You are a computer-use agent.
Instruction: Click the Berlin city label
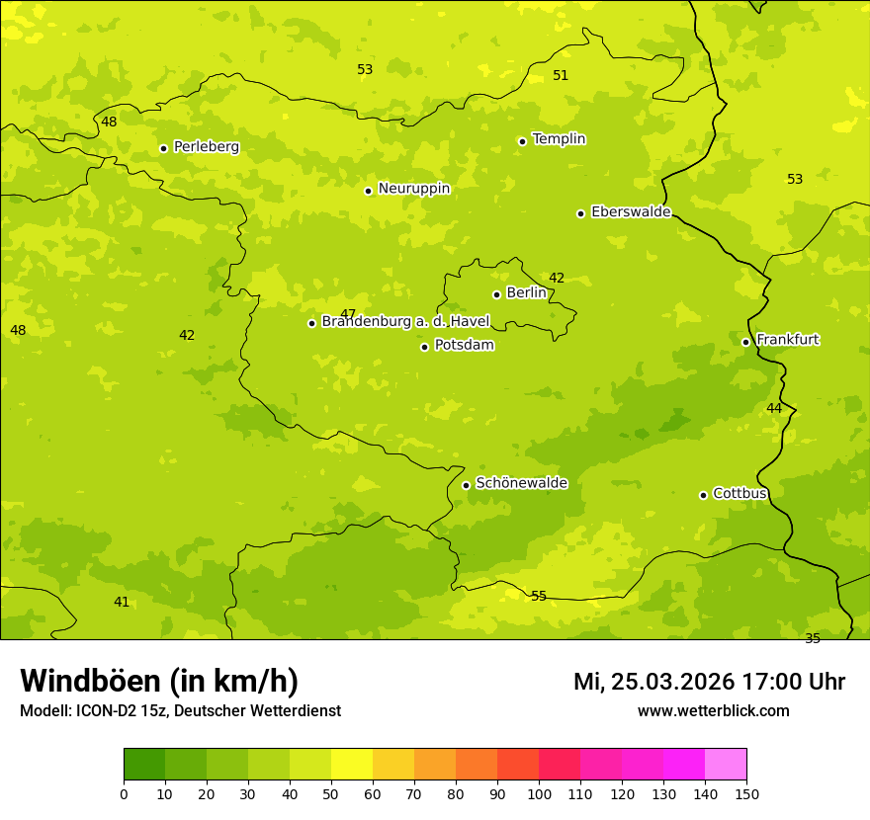(526, 292)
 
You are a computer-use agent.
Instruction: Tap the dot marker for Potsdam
(425, 347)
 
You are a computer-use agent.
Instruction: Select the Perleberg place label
(207, 146)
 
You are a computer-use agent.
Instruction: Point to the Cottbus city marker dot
(704, 495)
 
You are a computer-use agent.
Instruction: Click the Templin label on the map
(559, 139)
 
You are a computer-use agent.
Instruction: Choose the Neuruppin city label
(414, 189)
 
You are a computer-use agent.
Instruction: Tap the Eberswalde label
(631, 211)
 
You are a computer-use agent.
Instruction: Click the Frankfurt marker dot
(746, 342)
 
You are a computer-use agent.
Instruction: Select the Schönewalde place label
(522, 483)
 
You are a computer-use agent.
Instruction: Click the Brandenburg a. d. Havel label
(405, 321)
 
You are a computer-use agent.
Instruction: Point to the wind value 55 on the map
(539, 596)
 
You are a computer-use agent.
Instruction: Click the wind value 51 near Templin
(561, 76)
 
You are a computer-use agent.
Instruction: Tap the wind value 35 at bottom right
(813, 638)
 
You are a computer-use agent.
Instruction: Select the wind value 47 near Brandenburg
(348, 313)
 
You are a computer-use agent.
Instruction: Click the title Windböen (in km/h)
(159, 681)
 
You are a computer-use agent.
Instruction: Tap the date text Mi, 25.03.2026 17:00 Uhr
(709, 682)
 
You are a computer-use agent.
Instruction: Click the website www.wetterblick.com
(713, 710)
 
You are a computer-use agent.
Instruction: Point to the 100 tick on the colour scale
(539, 793)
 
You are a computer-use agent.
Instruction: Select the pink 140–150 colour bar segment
(726, 764)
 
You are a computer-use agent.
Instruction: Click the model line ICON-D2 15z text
(180, 710)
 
